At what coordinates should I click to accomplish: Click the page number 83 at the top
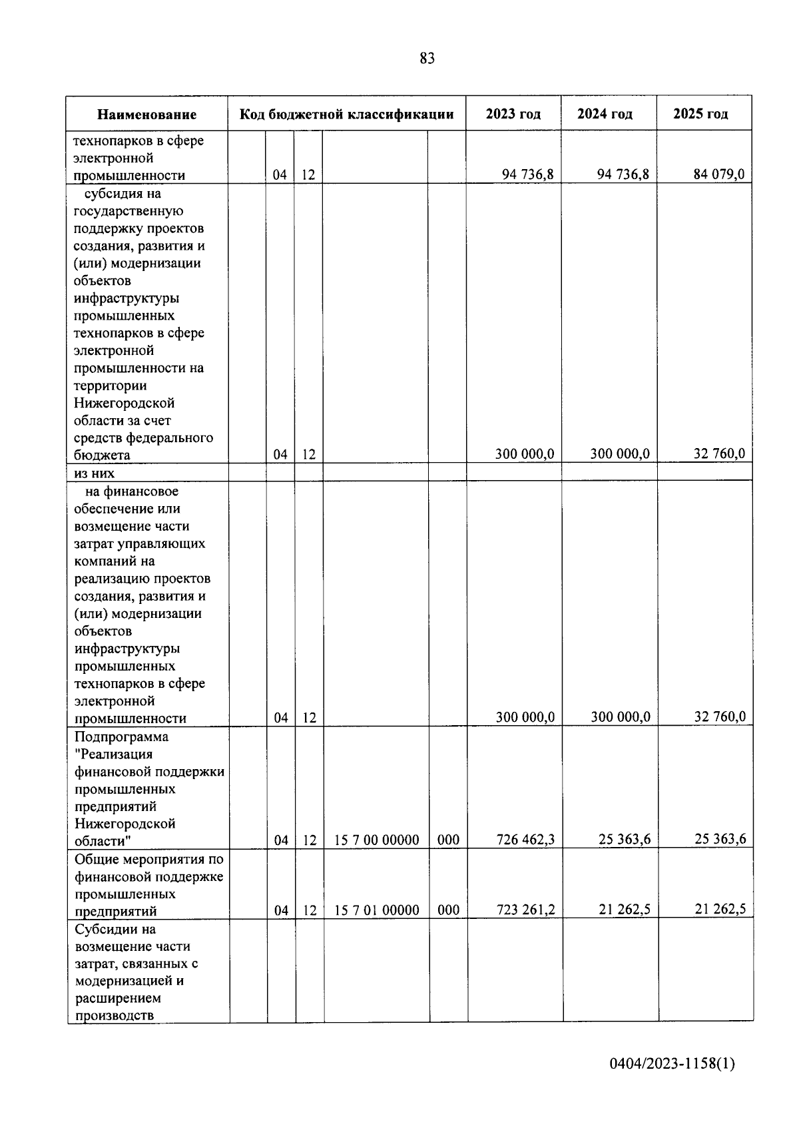coord(427,59)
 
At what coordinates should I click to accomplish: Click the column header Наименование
coord(146,115)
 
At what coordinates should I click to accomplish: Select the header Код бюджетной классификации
coord(346,114)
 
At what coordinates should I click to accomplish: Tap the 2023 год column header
coord(513,114)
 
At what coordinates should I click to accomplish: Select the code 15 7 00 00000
coord(376,840)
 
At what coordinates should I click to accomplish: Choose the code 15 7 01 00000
coord(376,910)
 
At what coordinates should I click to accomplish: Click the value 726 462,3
coord(525,839)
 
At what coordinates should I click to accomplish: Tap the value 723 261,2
coord(525,909)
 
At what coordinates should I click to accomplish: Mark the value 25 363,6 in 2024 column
coord(624,839)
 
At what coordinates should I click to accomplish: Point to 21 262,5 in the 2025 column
coord(720,909)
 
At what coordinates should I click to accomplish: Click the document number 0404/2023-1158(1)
coord(672,1064)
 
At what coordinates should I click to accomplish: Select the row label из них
coord(94,473)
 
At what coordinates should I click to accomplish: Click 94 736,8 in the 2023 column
coord(527,174)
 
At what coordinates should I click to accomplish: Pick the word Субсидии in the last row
coord(106,929)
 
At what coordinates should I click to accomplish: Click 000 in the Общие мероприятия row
coord(448,910)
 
